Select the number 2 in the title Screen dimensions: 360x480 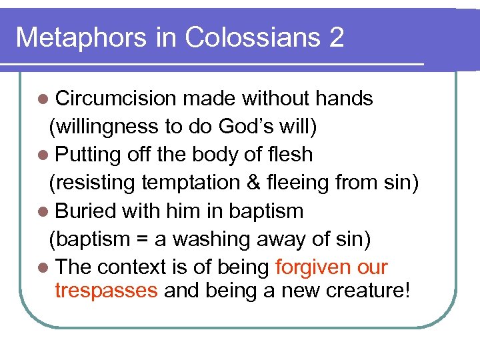click(x=336, y=37)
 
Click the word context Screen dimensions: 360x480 click(x=133, y=267)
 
